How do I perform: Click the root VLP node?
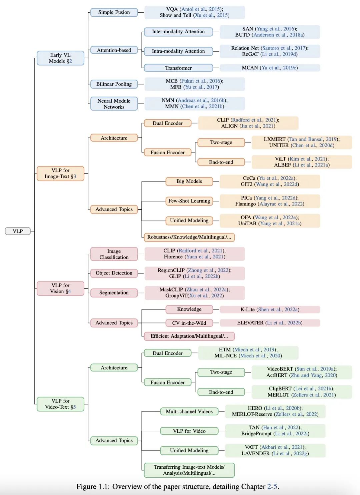pyautogui.click(x=18, y=231)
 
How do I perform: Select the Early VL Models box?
pyautogui.click(x=60, y=58)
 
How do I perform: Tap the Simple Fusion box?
pyautogui.click(x=114, y=12)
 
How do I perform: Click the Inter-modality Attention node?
pyautogui.click(x=178, y=32)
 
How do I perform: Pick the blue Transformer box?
pyautogui.click(x=178, y=68)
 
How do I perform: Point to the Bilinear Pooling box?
pyautogui.click(x=114, y=84)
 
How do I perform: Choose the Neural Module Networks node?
pyautogui.click(x=114, y=104)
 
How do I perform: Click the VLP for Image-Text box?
pyautogui.click(x=60, y=174)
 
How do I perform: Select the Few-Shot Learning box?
pyautogui.click(x=189, y=201)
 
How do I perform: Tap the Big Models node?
pyautogui.click(x=189, y=181)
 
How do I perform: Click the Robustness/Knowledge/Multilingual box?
pyautogui.click(x=189, y=237)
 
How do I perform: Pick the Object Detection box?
pyautogui.click(x=114, y=273)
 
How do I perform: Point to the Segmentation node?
pyautogui.click(x=114, y=292)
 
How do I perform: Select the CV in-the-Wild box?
pyautogui.click(x=189, y=323)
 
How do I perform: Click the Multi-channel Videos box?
pyautogui.click(x=189, y=411)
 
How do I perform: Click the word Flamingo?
pyautogui.click(x=245, y=204)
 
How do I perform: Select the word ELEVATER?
pyautogui.click(x=250, y=323)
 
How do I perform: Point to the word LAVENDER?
pyautogui.click(x=255, y=453)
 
